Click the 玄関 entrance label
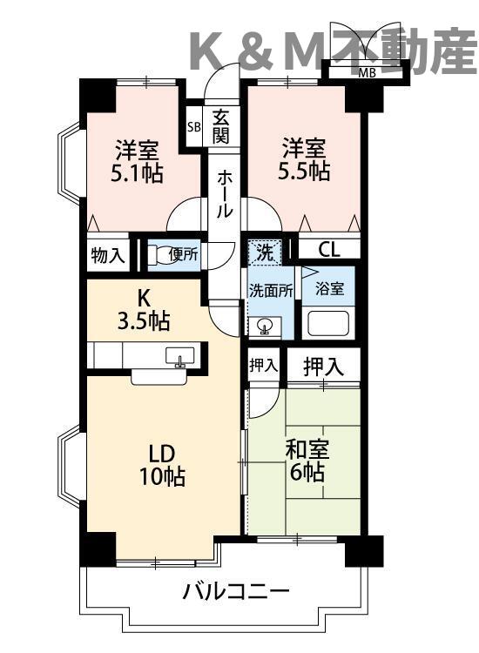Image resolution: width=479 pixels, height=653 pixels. [x=221, y=127]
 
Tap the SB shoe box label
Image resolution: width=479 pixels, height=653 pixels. [x=192, y=127]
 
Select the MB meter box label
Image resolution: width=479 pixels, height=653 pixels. [x=368, y=72]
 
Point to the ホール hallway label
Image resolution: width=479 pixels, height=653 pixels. [x=224, y=193]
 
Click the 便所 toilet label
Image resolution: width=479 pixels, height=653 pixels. [x=184, y=254]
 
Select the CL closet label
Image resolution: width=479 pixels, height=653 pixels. [x=328, y=250]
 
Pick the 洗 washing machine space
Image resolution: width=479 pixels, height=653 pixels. [x=264, y=252]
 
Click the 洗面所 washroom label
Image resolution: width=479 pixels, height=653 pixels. [x=271, y=290]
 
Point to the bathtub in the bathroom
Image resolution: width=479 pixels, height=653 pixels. [x=327, y=326]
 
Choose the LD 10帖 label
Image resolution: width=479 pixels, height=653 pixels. [x=163, y=465]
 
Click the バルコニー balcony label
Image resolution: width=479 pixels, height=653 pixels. [x=235, y=592]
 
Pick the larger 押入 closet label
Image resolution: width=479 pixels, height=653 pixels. [x=323, y=367]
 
